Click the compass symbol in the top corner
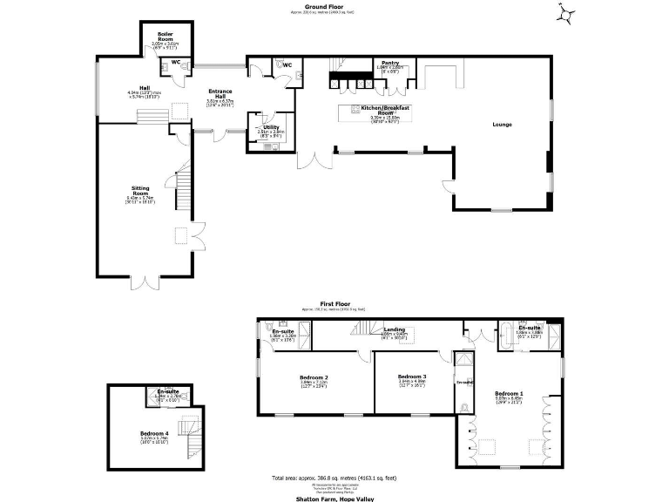(567, 13)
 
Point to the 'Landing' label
(395, 329)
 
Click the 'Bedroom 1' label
(507, 393)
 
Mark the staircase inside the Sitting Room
(184, 187)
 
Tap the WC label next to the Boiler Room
(175, 63)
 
